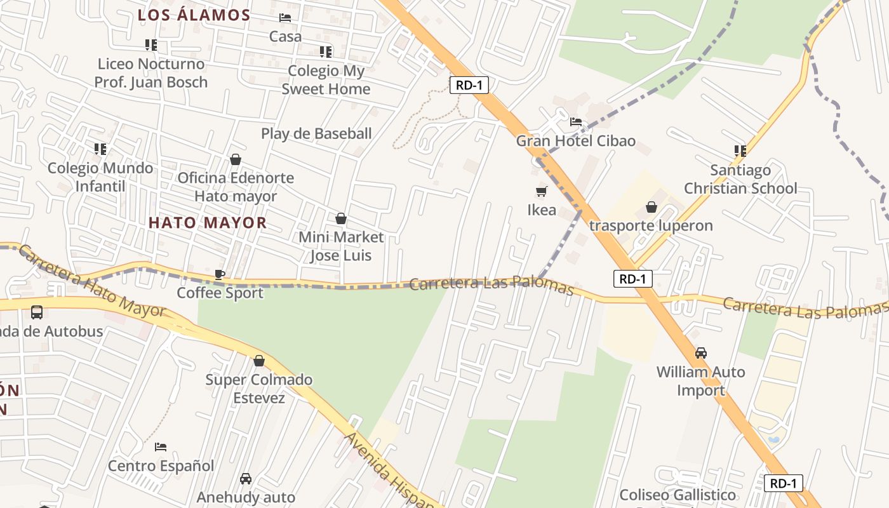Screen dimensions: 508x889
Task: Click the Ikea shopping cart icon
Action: coord(542,191)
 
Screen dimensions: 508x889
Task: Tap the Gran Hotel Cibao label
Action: coord(575,141)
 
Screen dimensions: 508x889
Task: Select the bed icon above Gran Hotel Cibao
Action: coord(576,121)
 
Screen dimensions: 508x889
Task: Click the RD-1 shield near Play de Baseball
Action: coord(469,85)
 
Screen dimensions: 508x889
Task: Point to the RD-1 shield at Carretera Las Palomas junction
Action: coord(632,279)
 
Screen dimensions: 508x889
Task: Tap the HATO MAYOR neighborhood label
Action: coord(208,223)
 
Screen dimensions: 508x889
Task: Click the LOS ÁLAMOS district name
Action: coord(194,15)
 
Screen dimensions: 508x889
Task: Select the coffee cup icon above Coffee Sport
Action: coord(220,274)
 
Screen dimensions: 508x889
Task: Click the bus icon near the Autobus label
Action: coord(37,312)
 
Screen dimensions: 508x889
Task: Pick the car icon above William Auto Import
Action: coord(701,353)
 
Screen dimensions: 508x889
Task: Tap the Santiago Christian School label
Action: coord(740,179)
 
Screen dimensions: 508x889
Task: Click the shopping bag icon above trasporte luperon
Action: coord(652,207)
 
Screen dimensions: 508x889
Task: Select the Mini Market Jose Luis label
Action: coord(342,246)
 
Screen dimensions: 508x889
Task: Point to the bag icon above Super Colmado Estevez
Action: coord(259,361)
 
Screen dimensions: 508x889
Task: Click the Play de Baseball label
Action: coord(316,133)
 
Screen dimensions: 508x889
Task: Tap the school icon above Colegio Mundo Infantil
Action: coord(100,149)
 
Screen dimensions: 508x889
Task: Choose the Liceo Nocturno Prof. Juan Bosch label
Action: coord(151,72)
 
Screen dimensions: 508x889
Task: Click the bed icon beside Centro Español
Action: coord(161,447)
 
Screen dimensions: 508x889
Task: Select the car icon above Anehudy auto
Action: coord(246,479)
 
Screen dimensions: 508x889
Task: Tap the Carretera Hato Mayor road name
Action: coord(92,282)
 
